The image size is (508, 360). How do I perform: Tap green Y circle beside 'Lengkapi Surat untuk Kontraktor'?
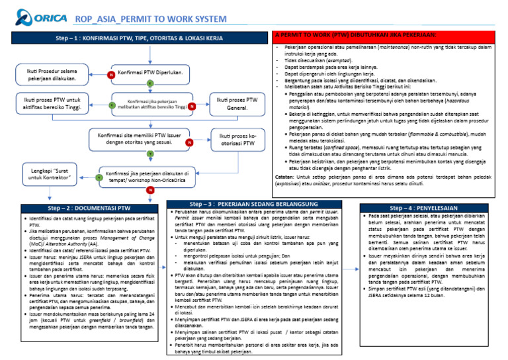coord(98,177)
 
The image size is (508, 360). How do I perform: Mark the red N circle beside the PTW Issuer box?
coord(189,142)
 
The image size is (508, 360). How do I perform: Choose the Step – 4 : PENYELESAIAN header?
coord(431,207)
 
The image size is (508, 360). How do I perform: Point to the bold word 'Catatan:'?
coord(284,177)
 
